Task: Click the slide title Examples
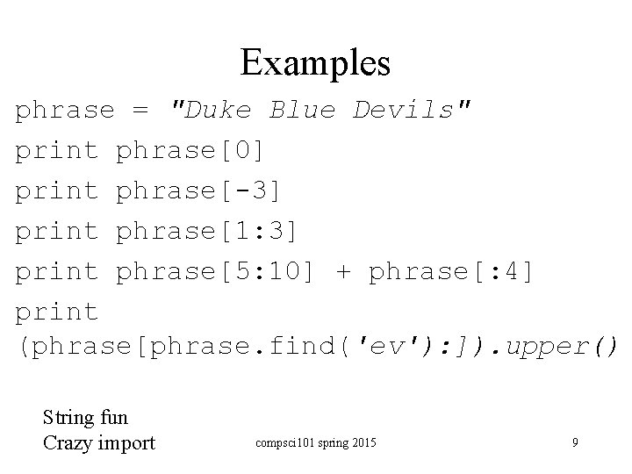[315, 62]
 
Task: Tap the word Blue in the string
[302, 111]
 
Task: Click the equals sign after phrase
[140, 111]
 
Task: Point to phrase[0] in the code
[190, 151]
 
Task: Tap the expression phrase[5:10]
[215, 272]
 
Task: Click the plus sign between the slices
[342, 272]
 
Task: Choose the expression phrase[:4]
[450, 272]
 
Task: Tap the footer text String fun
[84, 419]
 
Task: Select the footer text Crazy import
[98, 442]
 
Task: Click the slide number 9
[575, 442]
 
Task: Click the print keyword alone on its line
[57, 312]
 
